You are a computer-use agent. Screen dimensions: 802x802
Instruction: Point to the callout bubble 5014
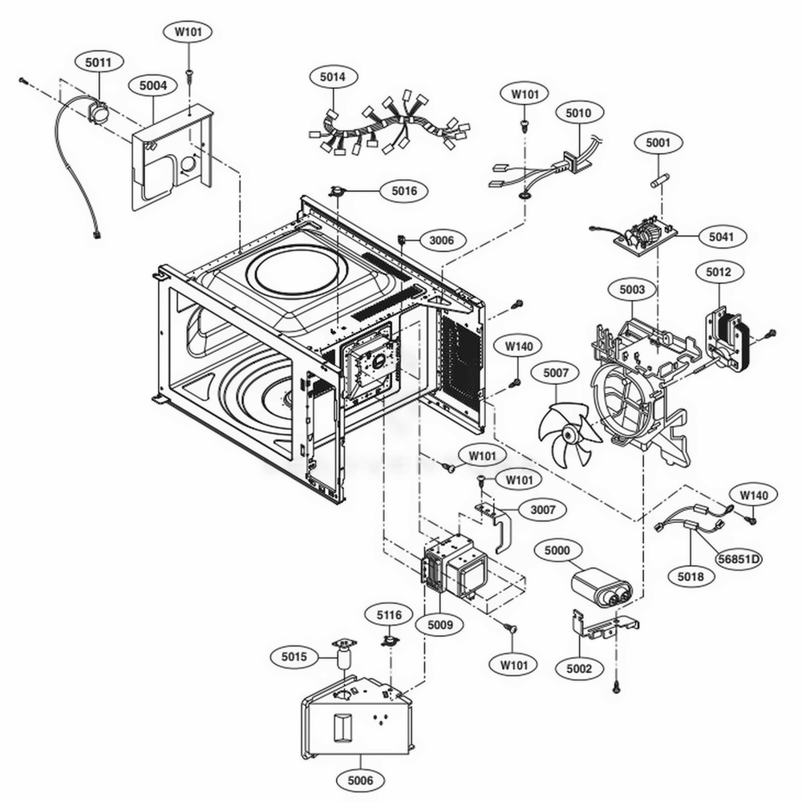click(334, 78)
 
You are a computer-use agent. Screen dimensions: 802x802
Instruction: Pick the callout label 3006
click(441, 239)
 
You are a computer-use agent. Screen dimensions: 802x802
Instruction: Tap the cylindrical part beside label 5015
click(344, 660)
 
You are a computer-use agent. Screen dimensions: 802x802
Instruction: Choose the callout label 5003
click(632, 288)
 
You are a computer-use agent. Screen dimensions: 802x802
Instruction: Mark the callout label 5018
click(691, 575)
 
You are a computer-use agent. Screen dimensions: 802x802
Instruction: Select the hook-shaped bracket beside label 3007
click(498, 525)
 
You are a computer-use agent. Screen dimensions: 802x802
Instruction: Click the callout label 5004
click(153, 83)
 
